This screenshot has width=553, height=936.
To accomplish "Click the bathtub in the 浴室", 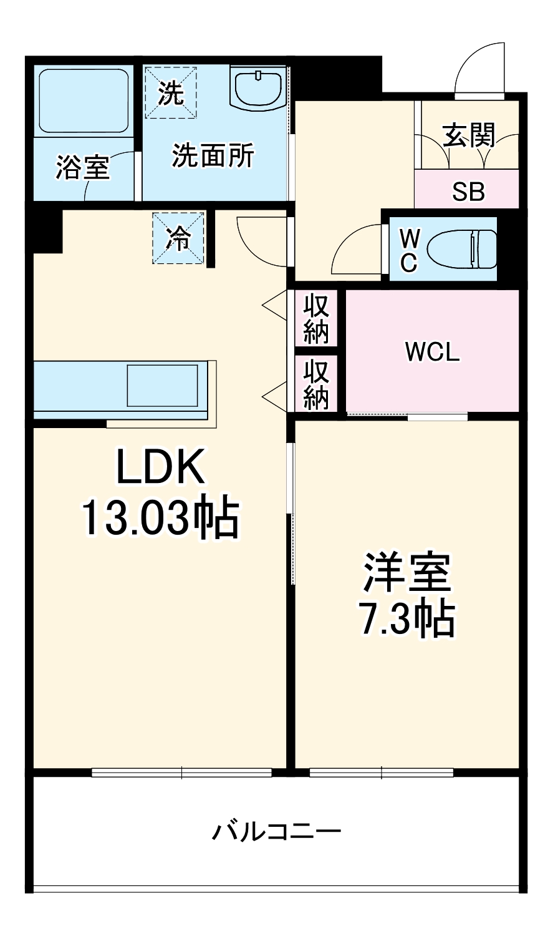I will point(84,101).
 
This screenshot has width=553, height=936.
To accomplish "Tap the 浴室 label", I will point(82,167).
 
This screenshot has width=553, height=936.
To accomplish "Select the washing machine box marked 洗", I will point(171,92).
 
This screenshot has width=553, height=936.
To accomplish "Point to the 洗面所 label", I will point(213,155).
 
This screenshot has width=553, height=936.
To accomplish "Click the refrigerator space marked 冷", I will point(178,238).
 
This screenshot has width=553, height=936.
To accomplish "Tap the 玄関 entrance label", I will point(469,135).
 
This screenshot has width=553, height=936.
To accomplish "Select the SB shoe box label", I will point(468,192).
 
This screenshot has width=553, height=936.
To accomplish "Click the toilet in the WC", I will point(462,249).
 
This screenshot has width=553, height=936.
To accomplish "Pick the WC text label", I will point(408,250).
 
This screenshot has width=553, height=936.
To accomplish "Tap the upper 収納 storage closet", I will point(316,318).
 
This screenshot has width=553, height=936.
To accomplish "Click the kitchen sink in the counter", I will point(163,385).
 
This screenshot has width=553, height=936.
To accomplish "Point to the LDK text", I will point(160,469).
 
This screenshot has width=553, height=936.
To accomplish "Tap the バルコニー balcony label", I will point(277,832).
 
